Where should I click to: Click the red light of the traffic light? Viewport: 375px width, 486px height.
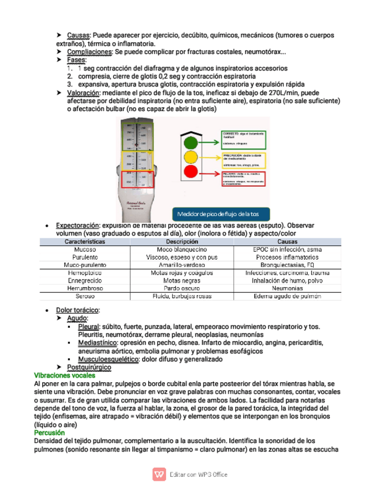[190, 171]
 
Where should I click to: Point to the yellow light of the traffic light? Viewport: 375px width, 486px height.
[190, 156]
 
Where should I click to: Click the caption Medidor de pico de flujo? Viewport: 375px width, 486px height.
[218, 214]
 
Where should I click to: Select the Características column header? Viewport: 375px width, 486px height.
[85, 242]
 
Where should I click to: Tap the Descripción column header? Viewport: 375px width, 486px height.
[181, 242]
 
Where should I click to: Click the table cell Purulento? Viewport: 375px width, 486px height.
[85, 257]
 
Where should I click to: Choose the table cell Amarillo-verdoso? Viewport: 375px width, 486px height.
[181, 265]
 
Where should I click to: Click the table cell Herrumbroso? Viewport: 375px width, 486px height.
[85, 289]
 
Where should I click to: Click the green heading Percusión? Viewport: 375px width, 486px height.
[49, 433]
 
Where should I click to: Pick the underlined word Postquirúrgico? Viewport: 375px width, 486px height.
[89, 367]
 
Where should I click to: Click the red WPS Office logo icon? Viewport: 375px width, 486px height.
[159, 474]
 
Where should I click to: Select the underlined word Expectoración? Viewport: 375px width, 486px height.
[77, 225]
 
